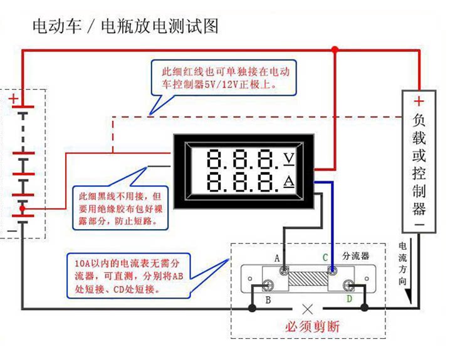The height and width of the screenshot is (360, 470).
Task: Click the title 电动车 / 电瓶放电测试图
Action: coord(125,27)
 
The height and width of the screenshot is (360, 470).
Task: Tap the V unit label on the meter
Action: coord(288,158)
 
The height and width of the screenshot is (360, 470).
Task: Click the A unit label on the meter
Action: coord(288,182)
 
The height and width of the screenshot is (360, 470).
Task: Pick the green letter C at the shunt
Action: coord(325,257)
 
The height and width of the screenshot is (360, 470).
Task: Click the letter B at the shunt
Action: coord(268,300)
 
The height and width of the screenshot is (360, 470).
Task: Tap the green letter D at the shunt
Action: coord(349,300)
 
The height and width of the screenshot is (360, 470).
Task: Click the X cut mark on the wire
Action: coord(307,309)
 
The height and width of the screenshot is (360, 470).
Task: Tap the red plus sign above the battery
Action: coord(14,98)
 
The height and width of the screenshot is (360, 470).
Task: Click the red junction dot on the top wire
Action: coord(335,48)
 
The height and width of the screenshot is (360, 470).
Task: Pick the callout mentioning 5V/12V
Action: coord(221,76)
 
